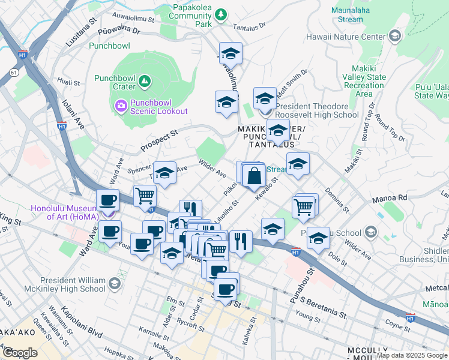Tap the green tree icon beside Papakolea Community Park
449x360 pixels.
pos(221,13)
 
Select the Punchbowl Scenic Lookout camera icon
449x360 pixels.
pos(121,106)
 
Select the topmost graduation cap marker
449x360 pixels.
pos(231,55)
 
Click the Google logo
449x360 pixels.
pos(20,352)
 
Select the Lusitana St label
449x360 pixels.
pos(82,33)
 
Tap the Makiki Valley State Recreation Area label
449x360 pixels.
pos(363,81)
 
